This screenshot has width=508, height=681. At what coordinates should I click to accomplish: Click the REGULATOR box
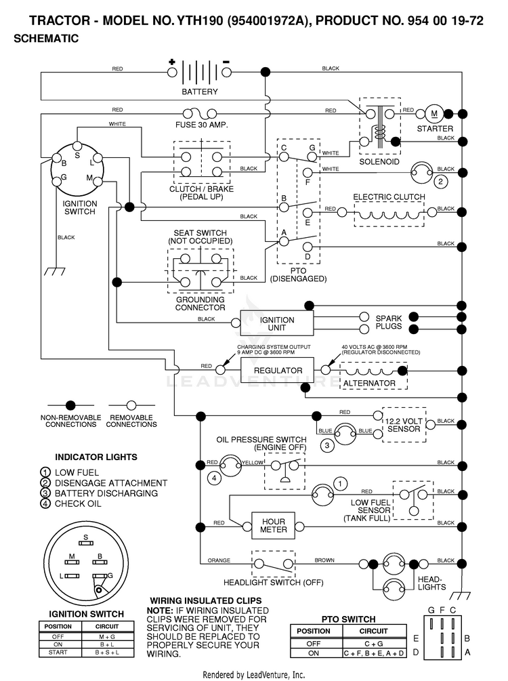pos(278,370)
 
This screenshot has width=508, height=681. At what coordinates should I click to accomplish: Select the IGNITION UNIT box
pos(276,324)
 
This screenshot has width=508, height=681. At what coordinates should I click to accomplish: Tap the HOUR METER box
pos(274,526)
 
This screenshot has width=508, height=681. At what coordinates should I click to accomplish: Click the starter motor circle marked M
pos(433,114)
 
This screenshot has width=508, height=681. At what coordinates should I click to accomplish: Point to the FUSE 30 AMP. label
pos(201,125)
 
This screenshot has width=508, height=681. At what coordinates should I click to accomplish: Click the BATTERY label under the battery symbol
pos(200,91)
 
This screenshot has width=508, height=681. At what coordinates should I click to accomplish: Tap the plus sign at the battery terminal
pos(172,62)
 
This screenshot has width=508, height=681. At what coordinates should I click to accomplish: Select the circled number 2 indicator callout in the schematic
pos(440,181)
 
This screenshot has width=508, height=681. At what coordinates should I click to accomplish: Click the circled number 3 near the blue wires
pos(327,445)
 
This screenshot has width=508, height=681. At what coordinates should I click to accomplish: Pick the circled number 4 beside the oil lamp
pos(213,478)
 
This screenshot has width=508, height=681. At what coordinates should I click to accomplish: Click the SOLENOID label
pos(379,162)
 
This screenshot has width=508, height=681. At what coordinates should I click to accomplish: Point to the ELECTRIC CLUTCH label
pos(389,197)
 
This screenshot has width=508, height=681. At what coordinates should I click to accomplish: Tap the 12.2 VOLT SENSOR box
pos(404,425)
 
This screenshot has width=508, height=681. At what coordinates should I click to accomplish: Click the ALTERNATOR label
pos(370,384)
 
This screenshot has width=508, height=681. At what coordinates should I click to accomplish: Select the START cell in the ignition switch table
pos(58,653)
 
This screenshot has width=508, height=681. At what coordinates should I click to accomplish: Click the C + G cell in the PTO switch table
pos(373,644)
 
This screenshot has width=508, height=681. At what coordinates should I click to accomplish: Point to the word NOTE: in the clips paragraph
pos(160,611)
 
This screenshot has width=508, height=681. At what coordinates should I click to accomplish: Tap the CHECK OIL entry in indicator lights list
pos(78,503)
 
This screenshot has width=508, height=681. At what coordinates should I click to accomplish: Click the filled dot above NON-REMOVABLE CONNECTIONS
pos(70,405)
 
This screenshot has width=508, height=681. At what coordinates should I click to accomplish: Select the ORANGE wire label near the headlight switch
pos(219,560)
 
